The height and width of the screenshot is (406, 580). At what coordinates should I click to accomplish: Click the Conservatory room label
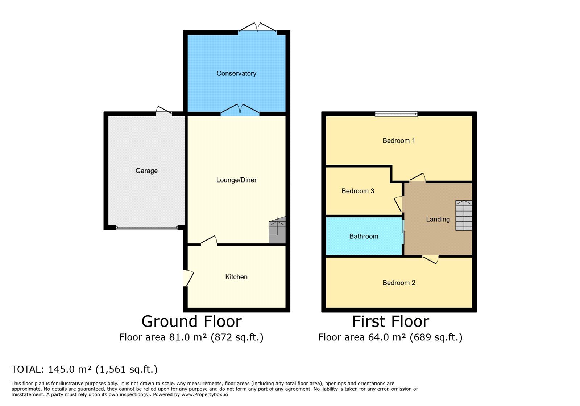236,74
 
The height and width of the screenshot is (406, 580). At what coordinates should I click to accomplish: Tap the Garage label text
146,171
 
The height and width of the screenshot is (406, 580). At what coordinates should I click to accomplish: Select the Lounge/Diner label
236,180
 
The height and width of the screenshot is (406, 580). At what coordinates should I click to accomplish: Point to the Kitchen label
236,277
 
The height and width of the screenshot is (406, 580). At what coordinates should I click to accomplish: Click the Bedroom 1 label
399,141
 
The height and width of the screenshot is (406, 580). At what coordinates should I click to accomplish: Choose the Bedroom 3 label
358,191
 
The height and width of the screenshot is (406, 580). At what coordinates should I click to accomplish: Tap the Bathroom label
364,236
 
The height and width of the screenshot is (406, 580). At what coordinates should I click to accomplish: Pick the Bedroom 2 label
399,283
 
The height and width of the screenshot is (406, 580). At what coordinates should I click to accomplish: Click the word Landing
438,220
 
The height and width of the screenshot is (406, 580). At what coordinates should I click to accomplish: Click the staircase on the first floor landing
464,216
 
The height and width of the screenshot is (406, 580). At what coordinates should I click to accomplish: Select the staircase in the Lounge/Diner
277,230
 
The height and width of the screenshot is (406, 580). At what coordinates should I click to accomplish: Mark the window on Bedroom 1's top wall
396,114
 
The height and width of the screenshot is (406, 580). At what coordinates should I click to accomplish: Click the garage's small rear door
163,111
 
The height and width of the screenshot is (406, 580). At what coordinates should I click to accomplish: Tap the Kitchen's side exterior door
188,278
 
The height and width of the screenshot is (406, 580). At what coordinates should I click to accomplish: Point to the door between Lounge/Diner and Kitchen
209,240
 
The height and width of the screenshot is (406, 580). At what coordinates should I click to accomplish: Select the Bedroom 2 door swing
430,260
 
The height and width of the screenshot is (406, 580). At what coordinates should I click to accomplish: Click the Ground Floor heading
192,321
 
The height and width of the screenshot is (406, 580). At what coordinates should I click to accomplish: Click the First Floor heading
391,321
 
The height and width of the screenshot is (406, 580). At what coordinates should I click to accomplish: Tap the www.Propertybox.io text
204,395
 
